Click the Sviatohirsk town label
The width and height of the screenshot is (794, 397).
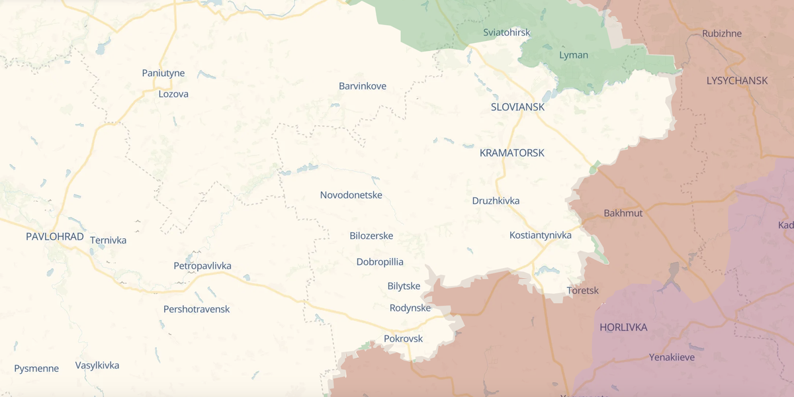[506, 32]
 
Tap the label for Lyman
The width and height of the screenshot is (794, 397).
[574, 55]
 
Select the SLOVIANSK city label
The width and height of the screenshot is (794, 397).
[517, 107]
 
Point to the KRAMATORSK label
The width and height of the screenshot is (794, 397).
[511, 153]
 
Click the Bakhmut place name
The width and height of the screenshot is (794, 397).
[623, 213]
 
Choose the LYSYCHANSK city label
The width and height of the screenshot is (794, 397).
[736, 81]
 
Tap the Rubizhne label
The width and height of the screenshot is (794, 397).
[722, 34]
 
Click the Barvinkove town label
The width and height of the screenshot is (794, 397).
[363, 86]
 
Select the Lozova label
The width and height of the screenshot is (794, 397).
[173, 94]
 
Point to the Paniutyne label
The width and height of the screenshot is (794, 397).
[163, 73]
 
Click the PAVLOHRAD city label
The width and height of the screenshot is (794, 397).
[55, 237]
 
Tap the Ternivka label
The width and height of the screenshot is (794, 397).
[108, 240]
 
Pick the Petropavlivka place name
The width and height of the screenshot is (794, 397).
[202, 266]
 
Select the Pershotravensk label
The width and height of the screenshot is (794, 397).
[197, 309]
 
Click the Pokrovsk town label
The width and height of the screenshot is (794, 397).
[403, 339]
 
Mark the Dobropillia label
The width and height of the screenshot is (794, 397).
[380, 262]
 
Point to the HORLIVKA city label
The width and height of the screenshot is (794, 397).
[623, 328]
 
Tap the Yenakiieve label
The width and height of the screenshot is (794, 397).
[672, 357]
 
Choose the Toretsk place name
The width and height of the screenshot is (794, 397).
[583, 290]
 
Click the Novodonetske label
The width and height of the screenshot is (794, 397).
[351, 195]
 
